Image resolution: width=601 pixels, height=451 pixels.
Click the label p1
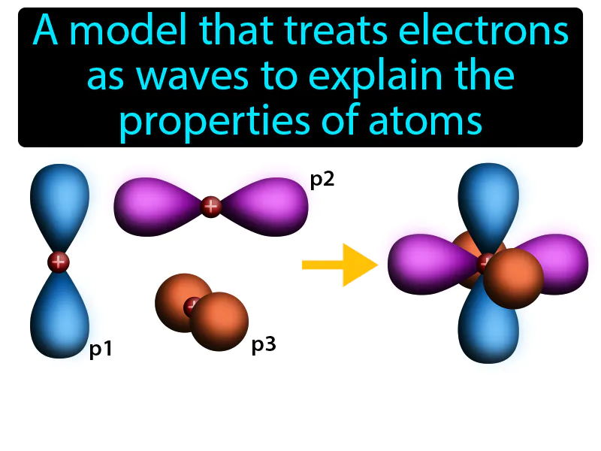pos(101,350)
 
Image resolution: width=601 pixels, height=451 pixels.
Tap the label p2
pos(322,180)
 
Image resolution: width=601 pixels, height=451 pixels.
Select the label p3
pos(264,345)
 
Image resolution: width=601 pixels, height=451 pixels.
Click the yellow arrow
pos(339,265)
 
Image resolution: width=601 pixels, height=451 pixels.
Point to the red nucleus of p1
pos(58,262)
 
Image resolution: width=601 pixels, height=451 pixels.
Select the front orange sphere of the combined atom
pos(513,278)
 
